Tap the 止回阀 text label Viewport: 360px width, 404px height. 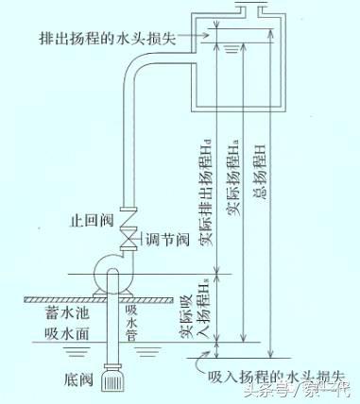91,220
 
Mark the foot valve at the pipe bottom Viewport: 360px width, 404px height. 115,379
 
